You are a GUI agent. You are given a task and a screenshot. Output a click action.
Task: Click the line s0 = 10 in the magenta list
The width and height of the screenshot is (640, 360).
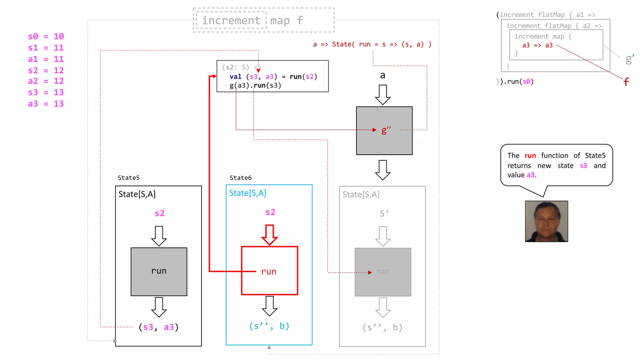[46, 37]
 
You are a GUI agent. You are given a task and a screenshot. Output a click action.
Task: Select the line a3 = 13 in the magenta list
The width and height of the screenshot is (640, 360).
[46, 104]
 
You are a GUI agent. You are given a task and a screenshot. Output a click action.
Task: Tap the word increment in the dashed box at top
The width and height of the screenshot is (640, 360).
[231, 21]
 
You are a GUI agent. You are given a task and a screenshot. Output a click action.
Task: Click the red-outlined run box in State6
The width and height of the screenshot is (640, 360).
[269, 271]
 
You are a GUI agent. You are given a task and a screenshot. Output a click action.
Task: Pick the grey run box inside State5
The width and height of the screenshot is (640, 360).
[159, 271]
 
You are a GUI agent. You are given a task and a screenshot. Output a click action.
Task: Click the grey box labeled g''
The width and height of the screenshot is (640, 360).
[384, 131]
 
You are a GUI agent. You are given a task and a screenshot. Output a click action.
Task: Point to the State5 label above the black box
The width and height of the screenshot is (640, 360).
[128, 178]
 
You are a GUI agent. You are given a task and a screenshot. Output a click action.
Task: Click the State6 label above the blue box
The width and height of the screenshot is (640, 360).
[240, 178]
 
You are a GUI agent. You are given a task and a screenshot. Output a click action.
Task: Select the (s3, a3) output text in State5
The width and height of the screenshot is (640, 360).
[159, 327]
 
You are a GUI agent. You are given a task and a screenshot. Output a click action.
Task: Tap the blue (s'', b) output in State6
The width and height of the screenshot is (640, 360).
[269, 326]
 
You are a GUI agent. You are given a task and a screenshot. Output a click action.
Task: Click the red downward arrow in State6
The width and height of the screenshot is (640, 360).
[269, 235]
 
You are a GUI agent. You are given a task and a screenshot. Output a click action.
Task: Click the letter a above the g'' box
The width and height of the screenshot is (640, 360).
[382, 75]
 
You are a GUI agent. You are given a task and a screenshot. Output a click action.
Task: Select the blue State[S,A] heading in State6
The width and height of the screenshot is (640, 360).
[247, 193]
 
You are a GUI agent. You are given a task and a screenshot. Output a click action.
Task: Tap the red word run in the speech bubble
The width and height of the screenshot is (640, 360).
[530, 156]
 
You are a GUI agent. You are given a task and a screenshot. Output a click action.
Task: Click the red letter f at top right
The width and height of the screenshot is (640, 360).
[626, 82]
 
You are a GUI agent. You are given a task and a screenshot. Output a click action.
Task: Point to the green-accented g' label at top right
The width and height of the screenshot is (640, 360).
[629, 59]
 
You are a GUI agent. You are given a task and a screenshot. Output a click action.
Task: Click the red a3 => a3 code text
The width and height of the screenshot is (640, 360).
[537, 45]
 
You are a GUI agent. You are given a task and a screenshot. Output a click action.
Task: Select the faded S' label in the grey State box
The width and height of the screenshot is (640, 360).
[383, 213]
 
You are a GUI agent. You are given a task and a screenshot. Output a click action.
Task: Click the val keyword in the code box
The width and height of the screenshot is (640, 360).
[235, 77]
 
